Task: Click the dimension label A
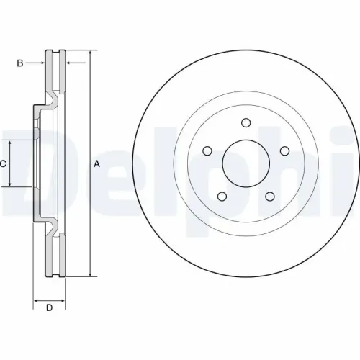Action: point(96,164)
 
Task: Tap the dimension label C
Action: point(3,163)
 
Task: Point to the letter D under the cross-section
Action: point(48,309)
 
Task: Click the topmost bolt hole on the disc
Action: point(246,122)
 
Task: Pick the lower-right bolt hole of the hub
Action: point(269,195)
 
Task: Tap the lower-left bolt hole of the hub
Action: point(222,195)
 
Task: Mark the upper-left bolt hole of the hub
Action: point(207,150)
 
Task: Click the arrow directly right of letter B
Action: point(42,63)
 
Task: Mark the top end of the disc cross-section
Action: point(55,52)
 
